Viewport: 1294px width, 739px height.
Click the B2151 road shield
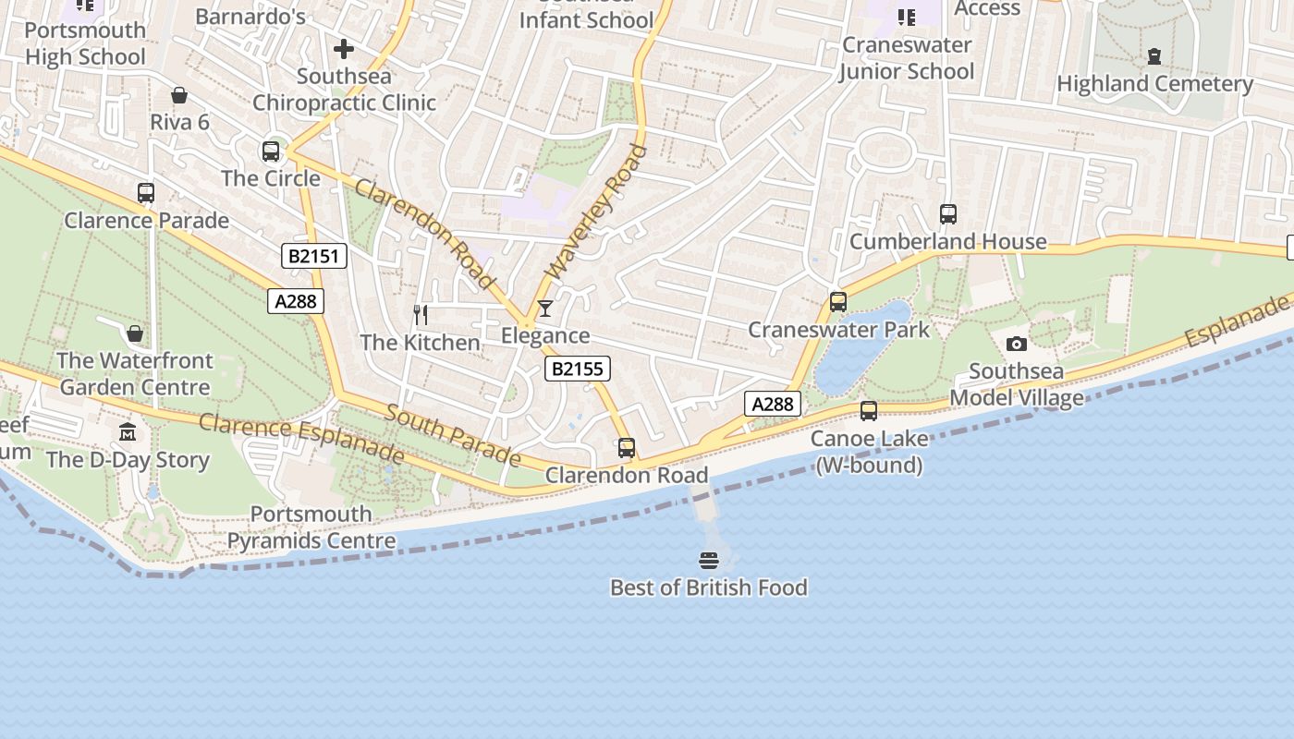[x=314, y=256]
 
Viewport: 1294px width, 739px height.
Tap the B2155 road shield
[x=577, y=369]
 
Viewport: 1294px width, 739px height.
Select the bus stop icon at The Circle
[x=271, y=151]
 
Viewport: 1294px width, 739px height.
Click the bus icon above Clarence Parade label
[x=146, y=193]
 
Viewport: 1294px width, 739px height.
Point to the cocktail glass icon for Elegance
[x=545, y=309]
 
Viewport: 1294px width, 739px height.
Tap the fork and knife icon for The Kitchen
[x=421, y=315]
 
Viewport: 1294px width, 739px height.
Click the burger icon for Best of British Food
[x=709, y=560]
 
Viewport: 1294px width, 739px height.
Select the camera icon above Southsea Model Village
[x=1017, y=345]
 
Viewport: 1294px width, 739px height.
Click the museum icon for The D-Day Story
[x=128, y=432]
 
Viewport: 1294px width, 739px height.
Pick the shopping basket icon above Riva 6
[x=179, y=95]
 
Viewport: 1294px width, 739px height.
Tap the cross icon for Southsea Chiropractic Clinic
[x=344, y=48]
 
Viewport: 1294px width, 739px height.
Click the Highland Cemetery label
[x=1154, y=84]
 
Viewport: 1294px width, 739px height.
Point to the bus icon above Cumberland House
[x=948, y=214]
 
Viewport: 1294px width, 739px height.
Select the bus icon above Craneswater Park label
[x=838, y=302]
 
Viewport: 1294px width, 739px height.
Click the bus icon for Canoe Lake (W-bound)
[x=869, y=411]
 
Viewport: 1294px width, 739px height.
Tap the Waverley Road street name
[x=596, y=212]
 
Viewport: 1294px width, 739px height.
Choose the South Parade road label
[x=453, y=434]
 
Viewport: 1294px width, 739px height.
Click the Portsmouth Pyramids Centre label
[x=311, y=527]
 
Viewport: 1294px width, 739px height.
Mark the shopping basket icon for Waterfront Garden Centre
[x=135, y=333]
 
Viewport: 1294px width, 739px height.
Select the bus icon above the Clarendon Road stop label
[x=627, y=448]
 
